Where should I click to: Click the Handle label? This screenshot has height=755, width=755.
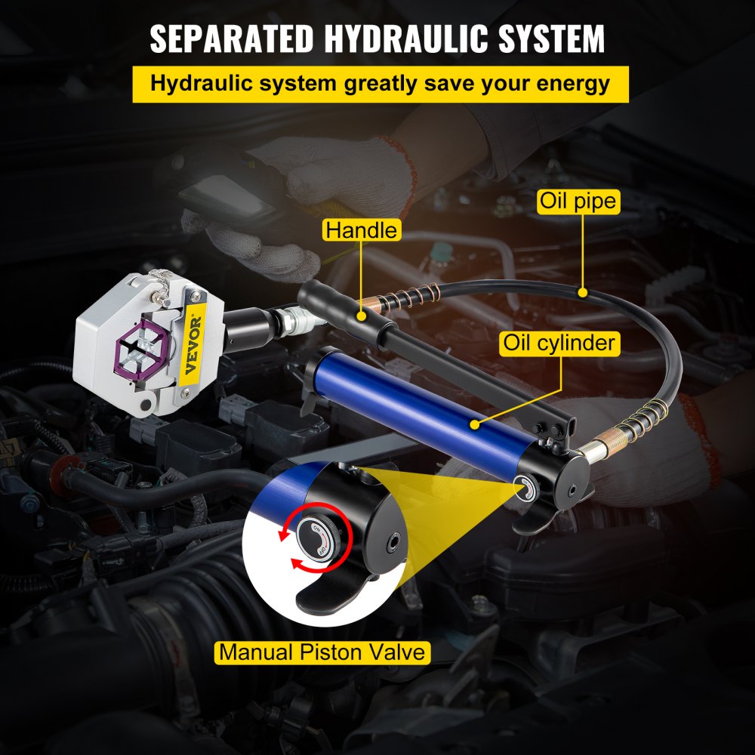(361, 230)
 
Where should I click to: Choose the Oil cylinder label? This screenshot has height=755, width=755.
(559, 344)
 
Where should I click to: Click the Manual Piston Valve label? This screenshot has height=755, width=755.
(323, 652)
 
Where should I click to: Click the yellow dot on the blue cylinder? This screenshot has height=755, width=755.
(475, 426)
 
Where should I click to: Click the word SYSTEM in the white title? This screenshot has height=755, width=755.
(545, 39)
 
